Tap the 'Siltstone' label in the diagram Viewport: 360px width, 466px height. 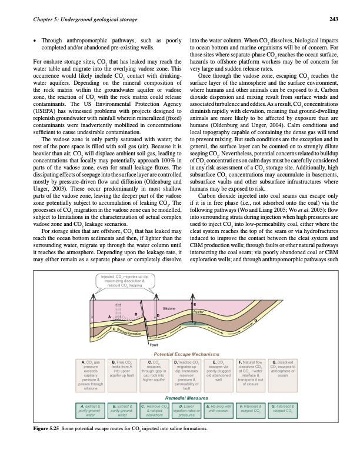169,308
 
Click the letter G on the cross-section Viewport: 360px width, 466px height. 256,319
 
